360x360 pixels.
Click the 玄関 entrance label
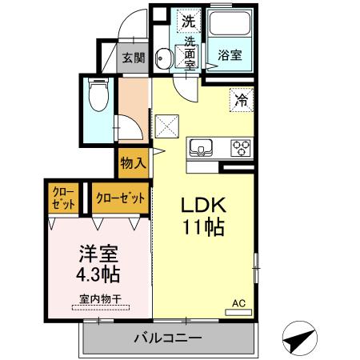pyautogui.click(x=134, y=58)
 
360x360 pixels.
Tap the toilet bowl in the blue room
pyautogui.click(x=98, y=99)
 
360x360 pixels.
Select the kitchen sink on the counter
pyautogui.click(x=201, y=146)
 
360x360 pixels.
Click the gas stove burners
pyautogui.click(x=240, y=146)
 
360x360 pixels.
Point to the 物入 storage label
pyautogui.click(x=133, y=163)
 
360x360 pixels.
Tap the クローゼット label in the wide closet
pyautogui.click(x=120, y=197)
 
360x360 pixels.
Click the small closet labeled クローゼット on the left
pyautogui.click(x=62, y=198)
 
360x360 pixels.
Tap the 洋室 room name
pyautogui.click(x=98, y=254)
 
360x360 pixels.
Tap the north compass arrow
pyautogui.click(x=297, y=338)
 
